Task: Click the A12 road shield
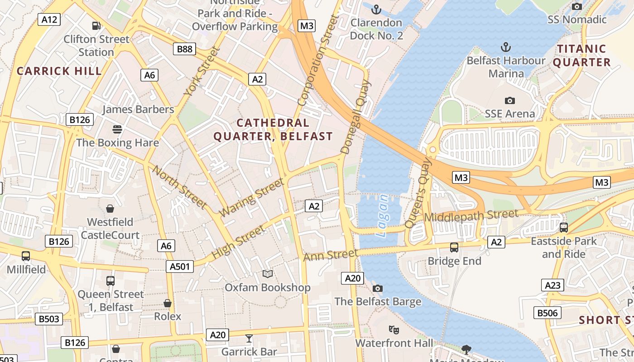point(49,19)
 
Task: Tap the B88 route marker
point(184,49)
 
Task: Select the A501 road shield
point(180,267)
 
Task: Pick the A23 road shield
point(552,285)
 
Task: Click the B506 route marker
point(548,313)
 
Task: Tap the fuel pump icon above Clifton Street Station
point(96,26)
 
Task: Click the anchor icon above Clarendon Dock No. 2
point(376,9)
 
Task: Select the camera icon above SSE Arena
point(510,100)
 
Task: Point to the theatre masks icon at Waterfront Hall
point(394,330)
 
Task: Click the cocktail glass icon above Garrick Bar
point(249,338)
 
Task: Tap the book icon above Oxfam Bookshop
point(268,274)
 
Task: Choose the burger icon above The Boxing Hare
point(117,129)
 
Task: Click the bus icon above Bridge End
point(454,248)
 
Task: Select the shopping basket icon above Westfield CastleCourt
point(110,209)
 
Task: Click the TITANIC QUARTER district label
point(581,56)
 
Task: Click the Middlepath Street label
point(471,216)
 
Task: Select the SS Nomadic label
point(577,19)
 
